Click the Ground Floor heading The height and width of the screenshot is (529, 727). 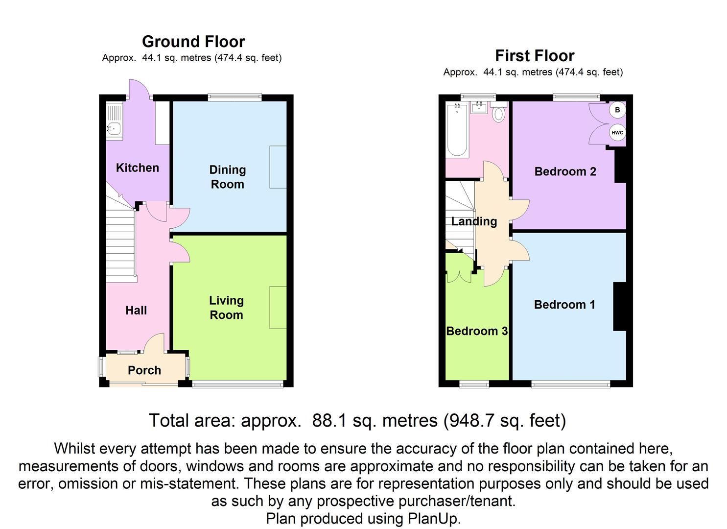pyautogui.click(x=193, y=42)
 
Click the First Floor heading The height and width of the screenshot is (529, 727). pyautogui.click(x=535, y=56)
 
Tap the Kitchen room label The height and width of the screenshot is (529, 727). pyautogui.click(x=138, y=168)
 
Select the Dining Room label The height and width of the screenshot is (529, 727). pyautogui.click(x=227, y=177)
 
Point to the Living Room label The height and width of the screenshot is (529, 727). pyautogui.click(x=226, y=308)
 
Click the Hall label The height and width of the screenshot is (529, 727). pyautogui.click(x=136, y=311)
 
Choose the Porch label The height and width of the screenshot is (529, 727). pyautogui.click(x=144, y=370)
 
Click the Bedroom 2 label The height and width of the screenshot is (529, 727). pyautogui.click(x=565, y=171)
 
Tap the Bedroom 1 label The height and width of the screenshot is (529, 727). pyautogui.click(x=564, y=305)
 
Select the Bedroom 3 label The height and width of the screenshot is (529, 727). pyautogui.click(x=477, y=331)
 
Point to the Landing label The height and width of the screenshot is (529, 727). pyautogui.click(x=474, y=221)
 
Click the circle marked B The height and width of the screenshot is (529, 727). pyautogui.click(x=617, y=110)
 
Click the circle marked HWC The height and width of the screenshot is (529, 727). pyautogui.click(x=617, y=132)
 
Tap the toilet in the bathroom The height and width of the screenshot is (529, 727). pyautogui.click(x=498, y=113)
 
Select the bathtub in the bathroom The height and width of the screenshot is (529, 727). pyautogui.click(x=457, y=130)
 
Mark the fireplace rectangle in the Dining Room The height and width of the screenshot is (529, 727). pyautogui.click(x=278, y=167)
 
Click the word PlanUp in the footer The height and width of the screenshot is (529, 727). pyautogui.click(x=434, y=519)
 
